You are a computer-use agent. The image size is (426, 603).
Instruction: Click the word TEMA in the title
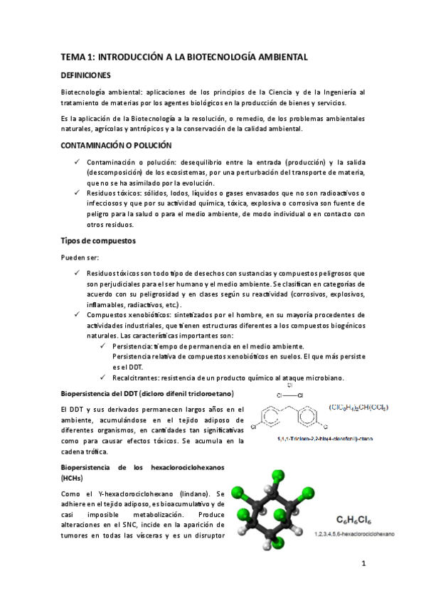[x=71, y=55]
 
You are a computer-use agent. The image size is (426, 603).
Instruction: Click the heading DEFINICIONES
[x=85, y=75]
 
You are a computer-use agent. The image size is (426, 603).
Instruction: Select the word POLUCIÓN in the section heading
[x=149, y=145]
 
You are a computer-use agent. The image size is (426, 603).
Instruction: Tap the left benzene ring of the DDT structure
[x=272, y=417]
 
